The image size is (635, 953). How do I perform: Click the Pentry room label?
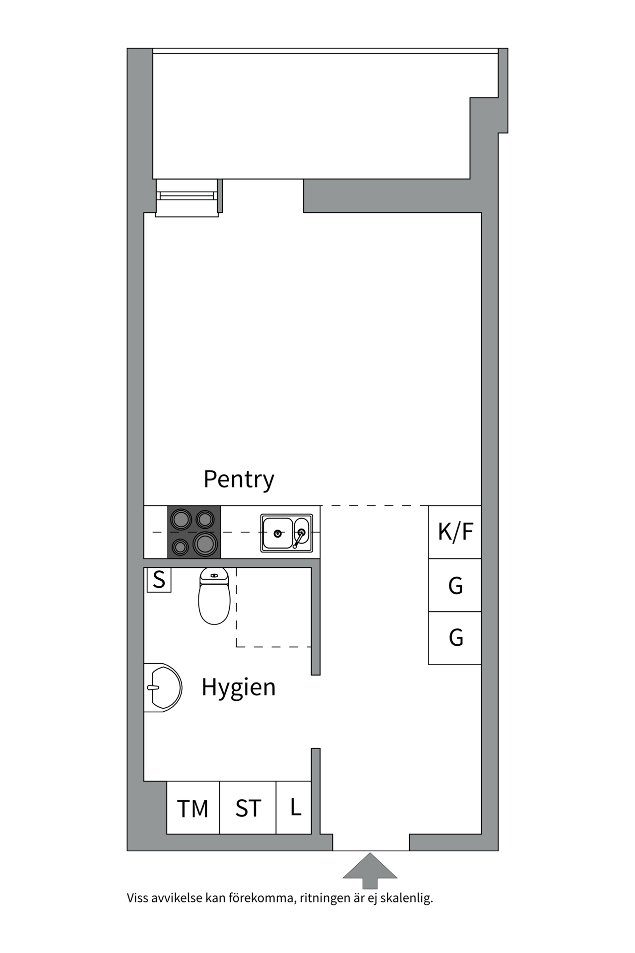tap(239, 479)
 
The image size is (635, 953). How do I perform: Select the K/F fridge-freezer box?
tap(455, 532)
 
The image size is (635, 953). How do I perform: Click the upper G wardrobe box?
tap(455, 585)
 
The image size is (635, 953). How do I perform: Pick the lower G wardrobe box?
tap(455, 638)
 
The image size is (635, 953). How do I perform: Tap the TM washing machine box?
tap(193, 808)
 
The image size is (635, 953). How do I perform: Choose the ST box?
tap(248, 808)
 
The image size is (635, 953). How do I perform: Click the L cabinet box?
tap(294, 808)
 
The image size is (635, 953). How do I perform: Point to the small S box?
tap(159, 580)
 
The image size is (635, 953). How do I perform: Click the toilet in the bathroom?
tap(214, 596)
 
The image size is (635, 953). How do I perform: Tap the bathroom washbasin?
tap(163, 688)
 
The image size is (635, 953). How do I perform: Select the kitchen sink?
tap(287, 533)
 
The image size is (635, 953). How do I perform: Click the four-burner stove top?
tap(194, 532)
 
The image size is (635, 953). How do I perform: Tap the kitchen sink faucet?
tap(299, 538)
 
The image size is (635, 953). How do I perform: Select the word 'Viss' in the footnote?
tap(137, 897)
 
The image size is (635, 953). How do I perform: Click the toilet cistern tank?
tap(214, 575)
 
